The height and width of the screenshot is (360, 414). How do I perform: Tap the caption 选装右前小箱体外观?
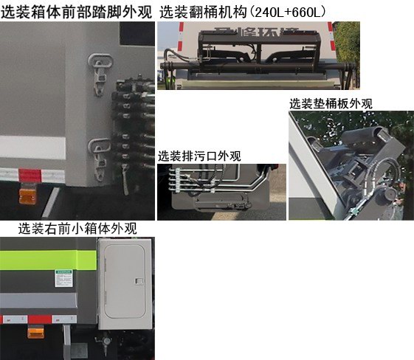tap(77, 229)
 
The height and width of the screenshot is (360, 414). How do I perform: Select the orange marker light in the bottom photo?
tap(35, 332)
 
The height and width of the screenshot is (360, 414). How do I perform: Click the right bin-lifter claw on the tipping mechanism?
tap(292, 53)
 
